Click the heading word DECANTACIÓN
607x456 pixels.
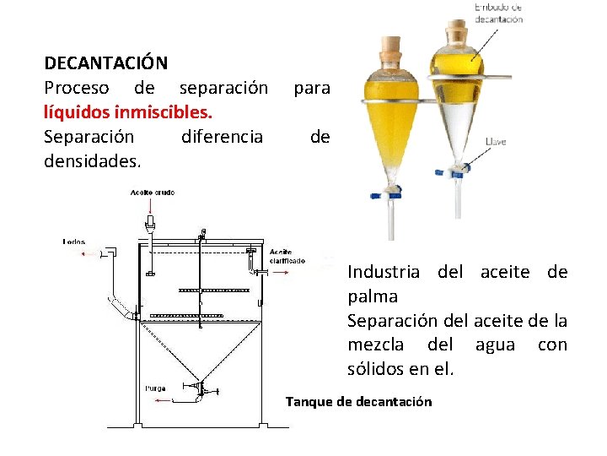105,63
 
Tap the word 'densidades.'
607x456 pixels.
93,160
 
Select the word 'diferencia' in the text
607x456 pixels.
222,136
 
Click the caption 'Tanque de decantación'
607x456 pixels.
358,402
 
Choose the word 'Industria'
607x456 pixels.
384,273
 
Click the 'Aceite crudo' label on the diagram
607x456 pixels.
153,193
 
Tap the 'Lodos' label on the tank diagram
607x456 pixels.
74,242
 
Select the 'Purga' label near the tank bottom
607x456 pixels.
155,388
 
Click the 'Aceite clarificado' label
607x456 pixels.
287,257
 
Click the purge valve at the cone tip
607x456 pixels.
201,389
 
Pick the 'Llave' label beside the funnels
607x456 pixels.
496,142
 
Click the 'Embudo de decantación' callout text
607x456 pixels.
498,13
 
